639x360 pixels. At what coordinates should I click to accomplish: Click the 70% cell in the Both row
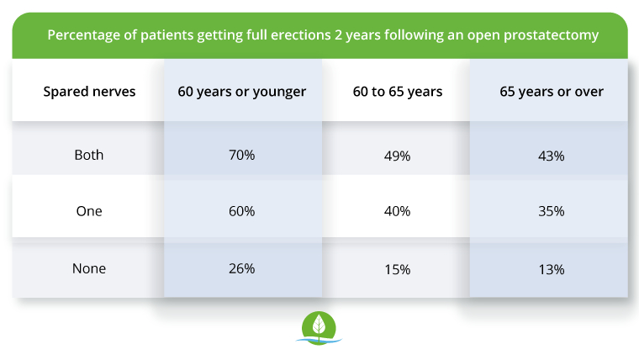coord(241,156)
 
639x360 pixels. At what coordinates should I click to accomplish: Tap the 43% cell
coord(551,156)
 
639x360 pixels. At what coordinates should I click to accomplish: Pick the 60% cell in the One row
coord(241,211)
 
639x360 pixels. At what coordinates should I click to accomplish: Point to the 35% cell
coord(551,211)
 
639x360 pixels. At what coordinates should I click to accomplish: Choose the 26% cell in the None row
coord(241,269)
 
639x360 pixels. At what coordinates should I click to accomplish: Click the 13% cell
coord(551,269)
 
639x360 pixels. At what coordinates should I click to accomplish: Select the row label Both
coord(89,156)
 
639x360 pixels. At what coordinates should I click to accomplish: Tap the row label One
coord(89,211)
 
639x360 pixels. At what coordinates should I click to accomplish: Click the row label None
coord(89,269)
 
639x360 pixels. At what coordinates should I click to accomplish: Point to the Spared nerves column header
coord(89,92)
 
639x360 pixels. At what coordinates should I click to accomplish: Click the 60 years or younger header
coord(241,92)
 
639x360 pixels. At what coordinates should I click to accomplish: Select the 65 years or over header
coord(551,92)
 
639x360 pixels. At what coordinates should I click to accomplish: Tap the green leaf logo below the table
coord(319,328)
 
